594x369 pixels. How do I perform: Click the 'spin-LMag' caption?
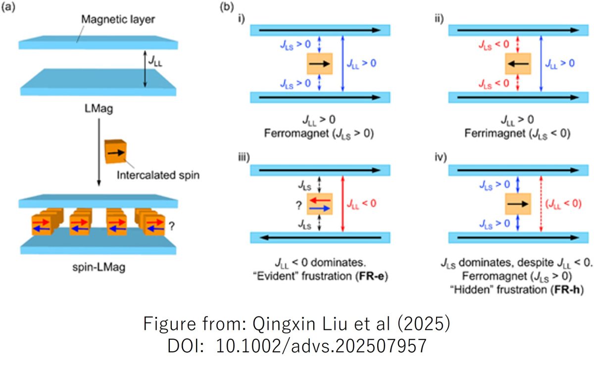(x=99, y=268)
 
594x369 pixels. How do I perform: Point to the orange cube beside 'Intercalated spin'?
(x=115, y=153)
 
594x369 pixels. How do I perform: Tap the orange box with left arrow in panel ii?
(x=518, y=64)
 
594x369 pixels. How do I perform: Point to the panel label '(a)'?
(x=9, y=8)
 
